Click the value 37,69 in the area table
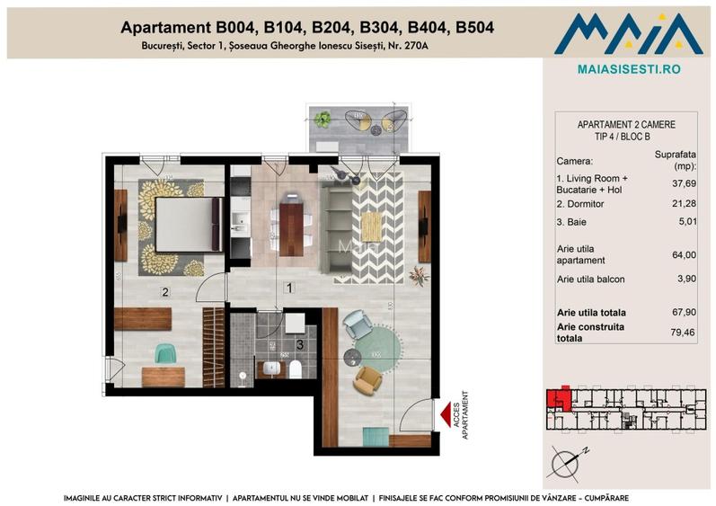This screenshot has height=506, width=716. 685,184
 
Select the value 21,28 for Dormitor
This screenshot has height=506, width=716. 685,204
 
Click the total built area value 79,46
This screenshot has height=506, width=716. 685,333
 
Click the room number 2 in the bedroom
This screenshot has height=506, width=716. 164,291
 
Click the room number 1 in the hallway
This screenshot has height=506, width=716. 288,289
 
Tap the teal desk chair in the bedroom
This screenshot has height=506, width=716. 164,353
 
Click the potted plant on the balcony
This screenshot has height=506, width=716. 323,117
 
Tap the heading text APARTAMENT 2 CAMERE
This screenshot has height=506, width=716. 627,125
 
